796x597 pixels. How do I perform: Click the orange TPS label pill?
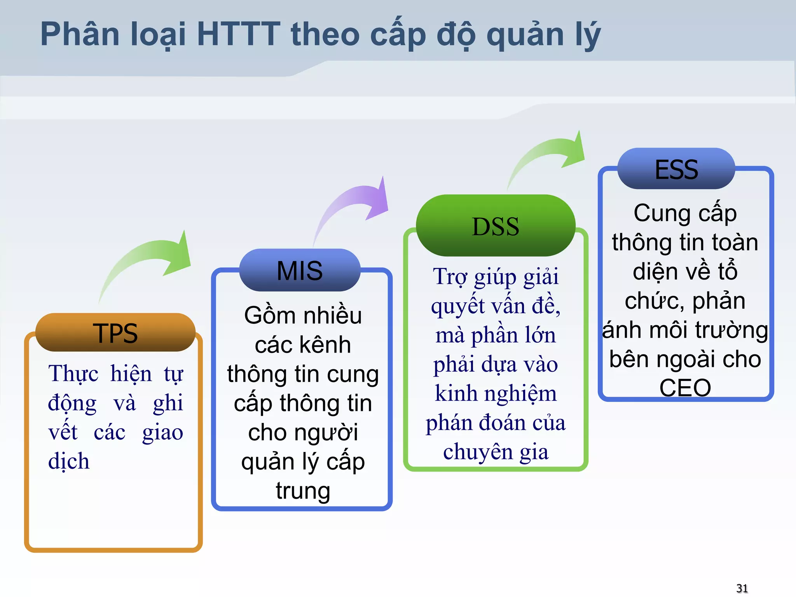point(115,333)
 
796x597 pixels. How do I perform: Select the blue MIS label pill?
point(299,271)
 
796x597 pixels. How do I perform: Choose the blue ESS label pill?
point(676,169)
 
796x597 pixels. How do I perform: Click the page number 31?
point(742,588)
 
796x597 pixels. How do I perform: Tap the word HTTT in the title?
point(238,34)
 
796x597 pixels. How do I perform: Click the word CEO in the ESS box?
point(685,388)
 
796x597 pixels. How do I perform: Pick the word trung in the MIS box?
point(303,491)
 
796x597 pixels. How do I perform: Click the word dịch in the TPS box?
point(69,461)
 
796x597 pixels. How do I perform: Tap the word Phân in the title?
point(80,34)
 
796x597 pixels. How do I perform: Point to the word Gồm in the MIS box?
point(264,315)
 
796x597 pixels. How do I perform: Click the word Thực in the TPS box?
point(73,374)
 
